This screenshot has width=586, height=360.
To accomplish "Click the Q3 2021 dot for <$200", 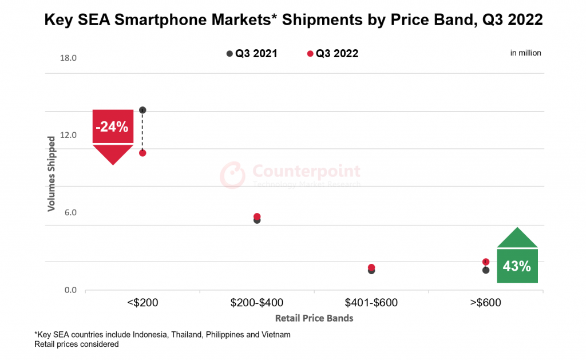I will (142, 110).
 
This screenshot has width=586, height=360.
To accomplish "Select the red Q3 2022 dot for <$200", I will (142, 153).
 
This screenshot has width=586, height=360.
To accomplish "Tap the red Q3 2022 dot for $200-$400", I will (257, 216).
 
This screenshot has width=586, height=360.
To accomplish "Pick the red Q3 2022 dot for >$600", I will (486, 262).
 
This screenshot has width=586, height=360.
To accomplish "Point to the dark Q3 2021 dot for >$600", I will (486, 270).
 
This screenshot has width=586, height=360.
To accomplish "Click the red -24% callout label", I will (113, 126).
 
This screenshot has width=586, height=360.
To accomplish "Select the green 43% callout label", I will (517, 266).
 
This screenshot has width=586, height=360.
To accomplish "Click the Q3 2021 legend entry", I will (252, 54).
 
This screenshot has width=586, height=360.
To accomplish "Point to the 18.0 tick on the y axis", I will (68, 58).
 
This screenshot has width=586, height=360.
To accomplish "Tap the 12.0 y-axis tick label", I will (68, 135).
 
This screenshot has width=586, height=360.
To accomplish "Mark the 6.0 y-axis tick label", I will (70, 212).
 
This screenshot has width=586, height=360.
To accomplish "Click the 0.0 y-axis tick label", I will (70, 290).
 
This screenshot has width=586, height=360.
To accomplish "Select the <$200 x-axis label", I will (142, 303).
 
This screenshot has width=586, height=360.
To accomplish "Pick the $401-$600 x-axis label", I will (371, 303).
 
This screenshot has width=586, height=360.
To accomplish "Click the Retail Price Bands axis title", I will (314, 318).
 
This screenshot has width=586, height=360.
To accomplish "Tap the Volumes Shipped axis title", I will (52, 173).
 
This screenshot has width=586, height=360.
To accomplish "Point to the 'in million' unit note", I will (525, 53).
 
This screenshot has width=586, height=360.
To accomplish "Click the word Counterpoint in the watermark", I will (307, 171).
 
